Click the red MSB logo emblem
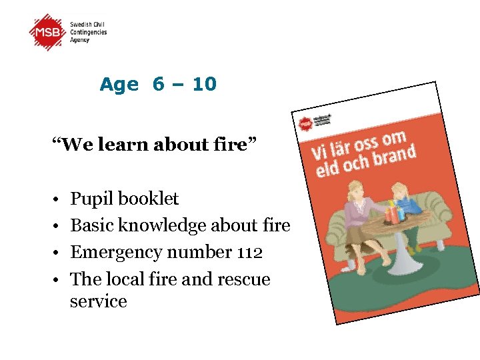pos(48,32)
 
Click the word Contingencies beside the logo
pos(89,33)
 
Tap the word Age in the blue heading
pos(119,85)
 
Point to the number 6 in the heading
pos(159,85)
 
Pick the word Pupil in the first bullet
pos(91,199)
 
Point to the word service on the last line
pos(98,301)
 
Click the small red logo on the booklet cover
pos(305,124)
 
